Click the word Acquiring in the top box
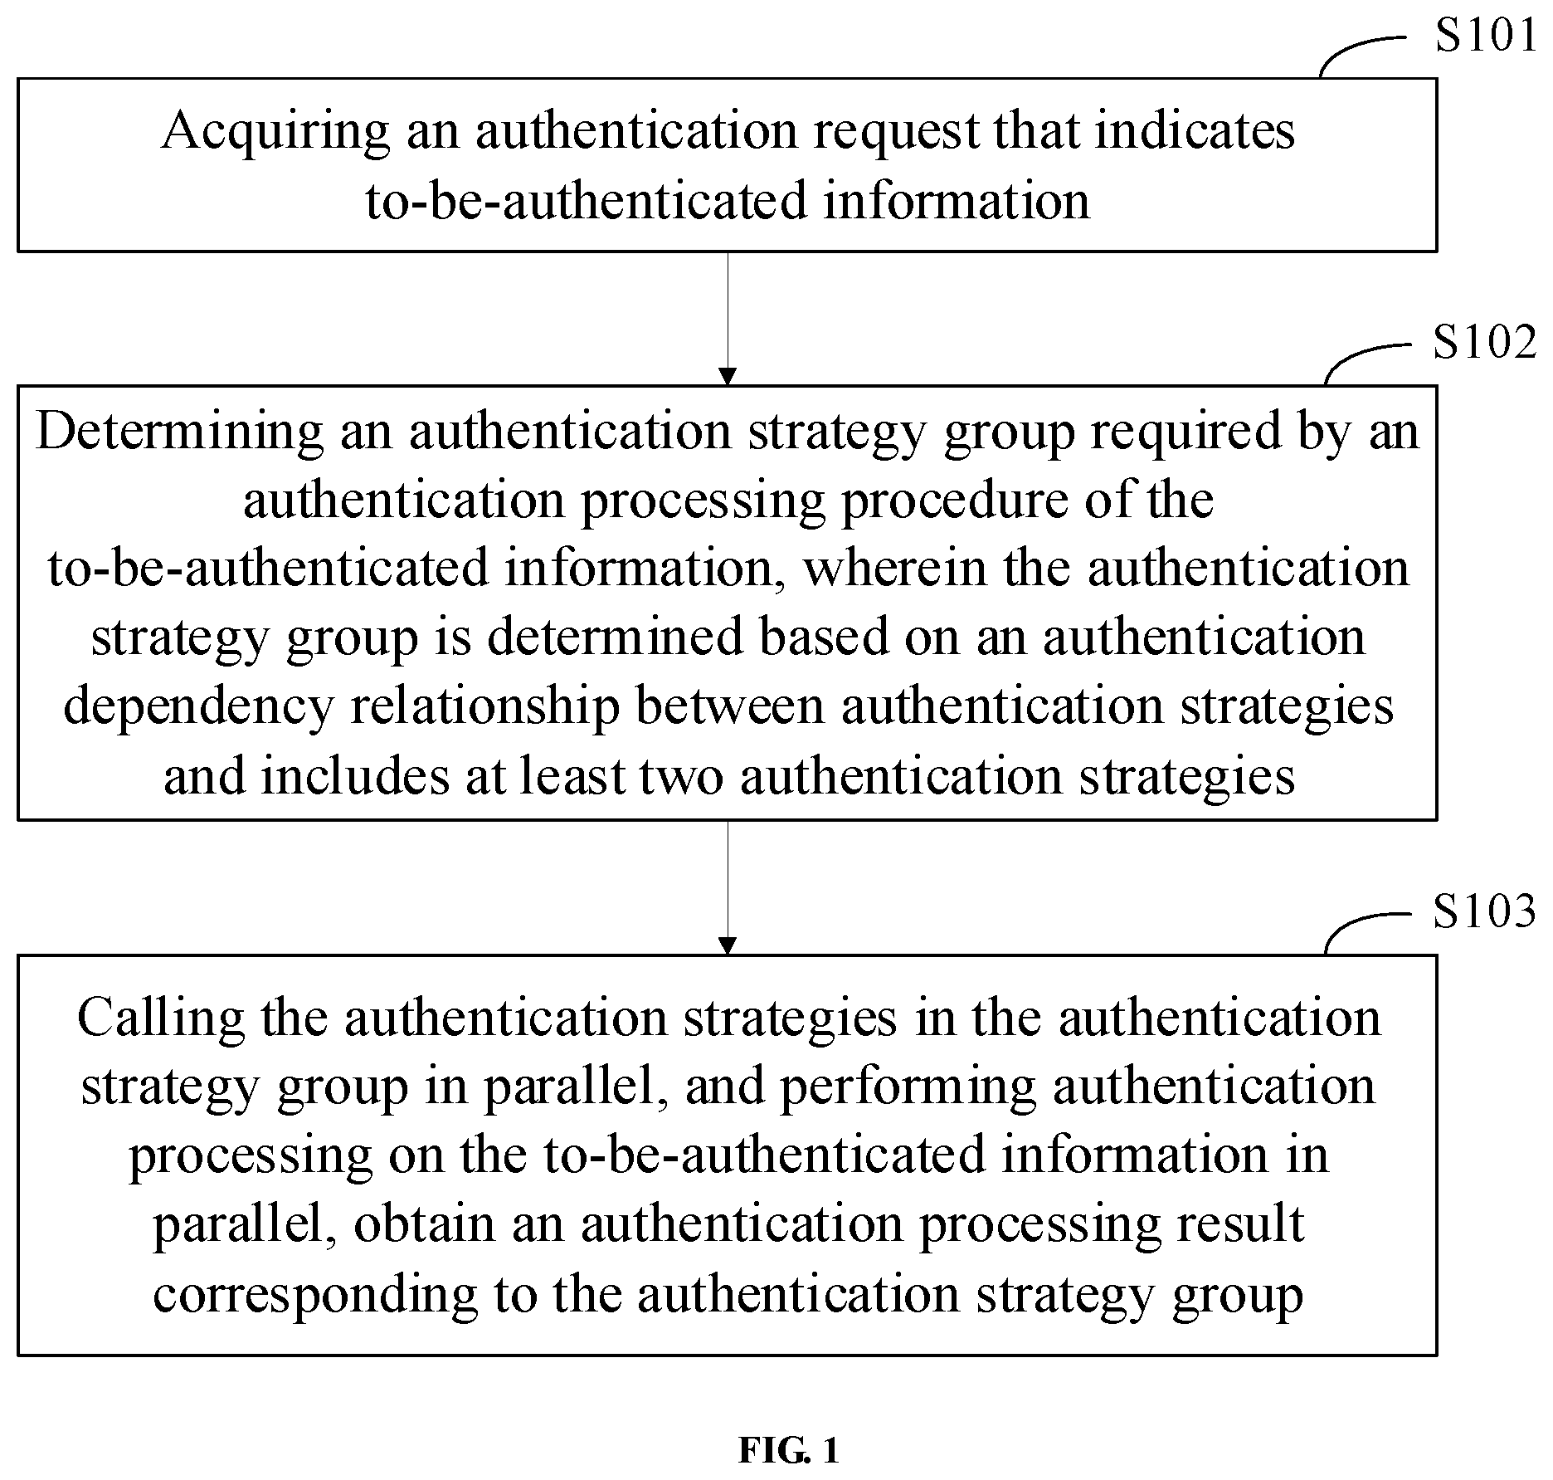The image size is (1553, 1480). [x=275, y=133]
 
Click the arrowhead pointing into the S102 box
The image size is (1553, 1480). [x=728, y=377]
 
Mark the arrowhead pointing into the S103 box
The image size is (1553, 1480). [x=728, y=946]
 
